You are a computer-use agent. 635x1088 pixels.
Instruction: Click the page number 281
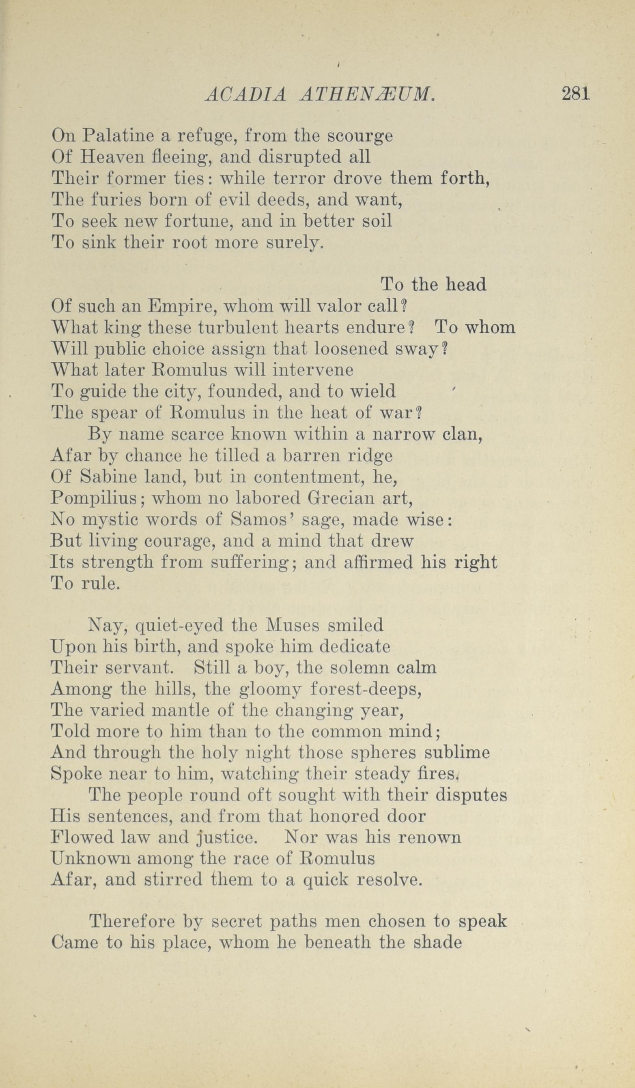pyautogui.click(x=575, y=94)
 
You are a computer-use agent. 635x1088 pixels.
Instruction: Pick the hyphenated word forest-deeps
pyautogui.click(x=366, y=689)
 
